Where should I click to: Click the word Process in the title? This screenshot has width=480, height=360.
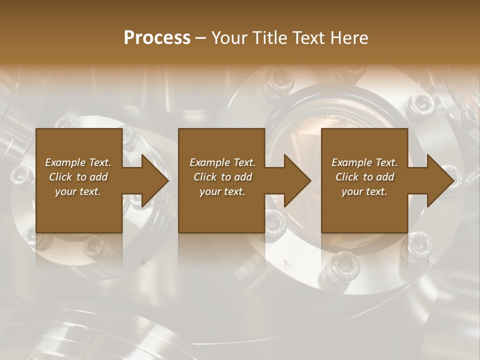point(157,37)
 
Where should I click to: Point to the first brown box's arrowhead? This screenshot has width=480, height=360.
point(153,180)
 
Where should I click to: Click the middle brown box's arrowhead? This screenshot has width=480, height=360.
point(296,180)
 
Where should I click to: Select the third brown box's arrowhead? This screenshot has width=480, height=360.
point(439,180)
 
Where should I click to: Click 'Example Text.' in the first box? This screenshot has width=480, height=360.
point(78,162)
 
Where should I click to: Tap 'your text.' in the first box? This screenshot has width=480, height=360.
point(78,191)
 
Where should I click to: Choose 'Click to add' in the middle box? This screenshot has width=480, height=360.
point(222,177)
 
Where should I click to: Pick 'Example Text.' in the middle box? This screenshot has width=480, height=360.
point(222,162)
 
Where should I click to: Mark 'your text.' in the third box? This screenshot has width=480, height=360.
point(364,191)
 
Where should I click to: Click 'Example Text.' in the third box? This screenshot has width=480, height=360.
point(364,162)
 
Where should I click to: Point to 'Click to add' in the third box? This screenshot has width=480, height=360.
point(364,177)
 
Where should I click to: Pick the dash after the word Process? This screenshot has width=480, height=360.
point(201,37)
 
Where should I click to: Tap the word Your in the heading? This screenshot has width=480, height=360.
point(228,37)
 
